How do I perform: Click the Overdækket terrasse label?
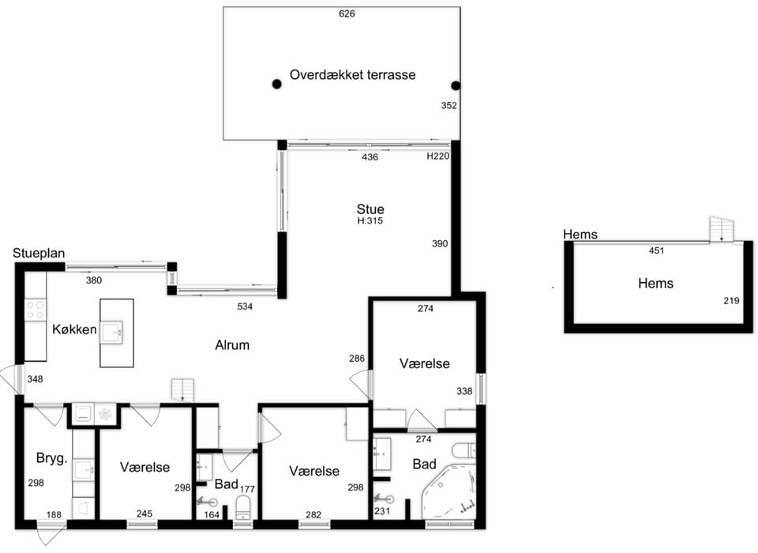(352, 75)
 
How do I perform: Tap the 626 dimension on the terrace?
(347, 13)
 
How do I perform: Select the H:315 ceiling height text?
(370, 220)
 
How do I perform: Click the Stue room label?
(370, 209)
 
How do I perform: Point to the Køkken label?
(74, 329)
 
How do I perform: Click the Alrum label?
(232, 345)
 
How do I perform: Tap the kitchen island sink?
(111, 332)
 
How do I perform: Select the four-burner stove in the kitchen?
(36, 310)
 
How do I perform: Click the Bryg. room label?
(51, 458)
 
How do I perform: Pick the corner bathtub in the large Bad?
(448, 491)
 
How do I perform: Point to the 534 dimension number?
(245, 307)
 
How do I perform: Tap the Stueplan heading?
(39, 253)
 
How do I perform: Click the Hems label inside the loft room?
(655, 283)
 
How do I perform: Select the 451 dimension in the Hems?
(656, 250)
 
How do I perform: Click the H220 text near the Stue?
(438, 156)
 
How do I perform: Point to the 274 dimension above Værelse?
(426, 308)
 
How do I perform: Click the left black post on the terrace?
(276, 85)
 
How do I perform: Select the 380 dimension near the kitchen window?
(94, 280)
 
